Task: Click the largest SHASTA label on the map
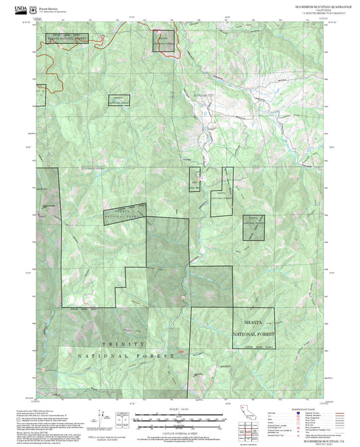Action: click(254, 322)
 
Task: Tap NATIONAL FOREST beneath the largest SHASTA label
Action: click(254, 334)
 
